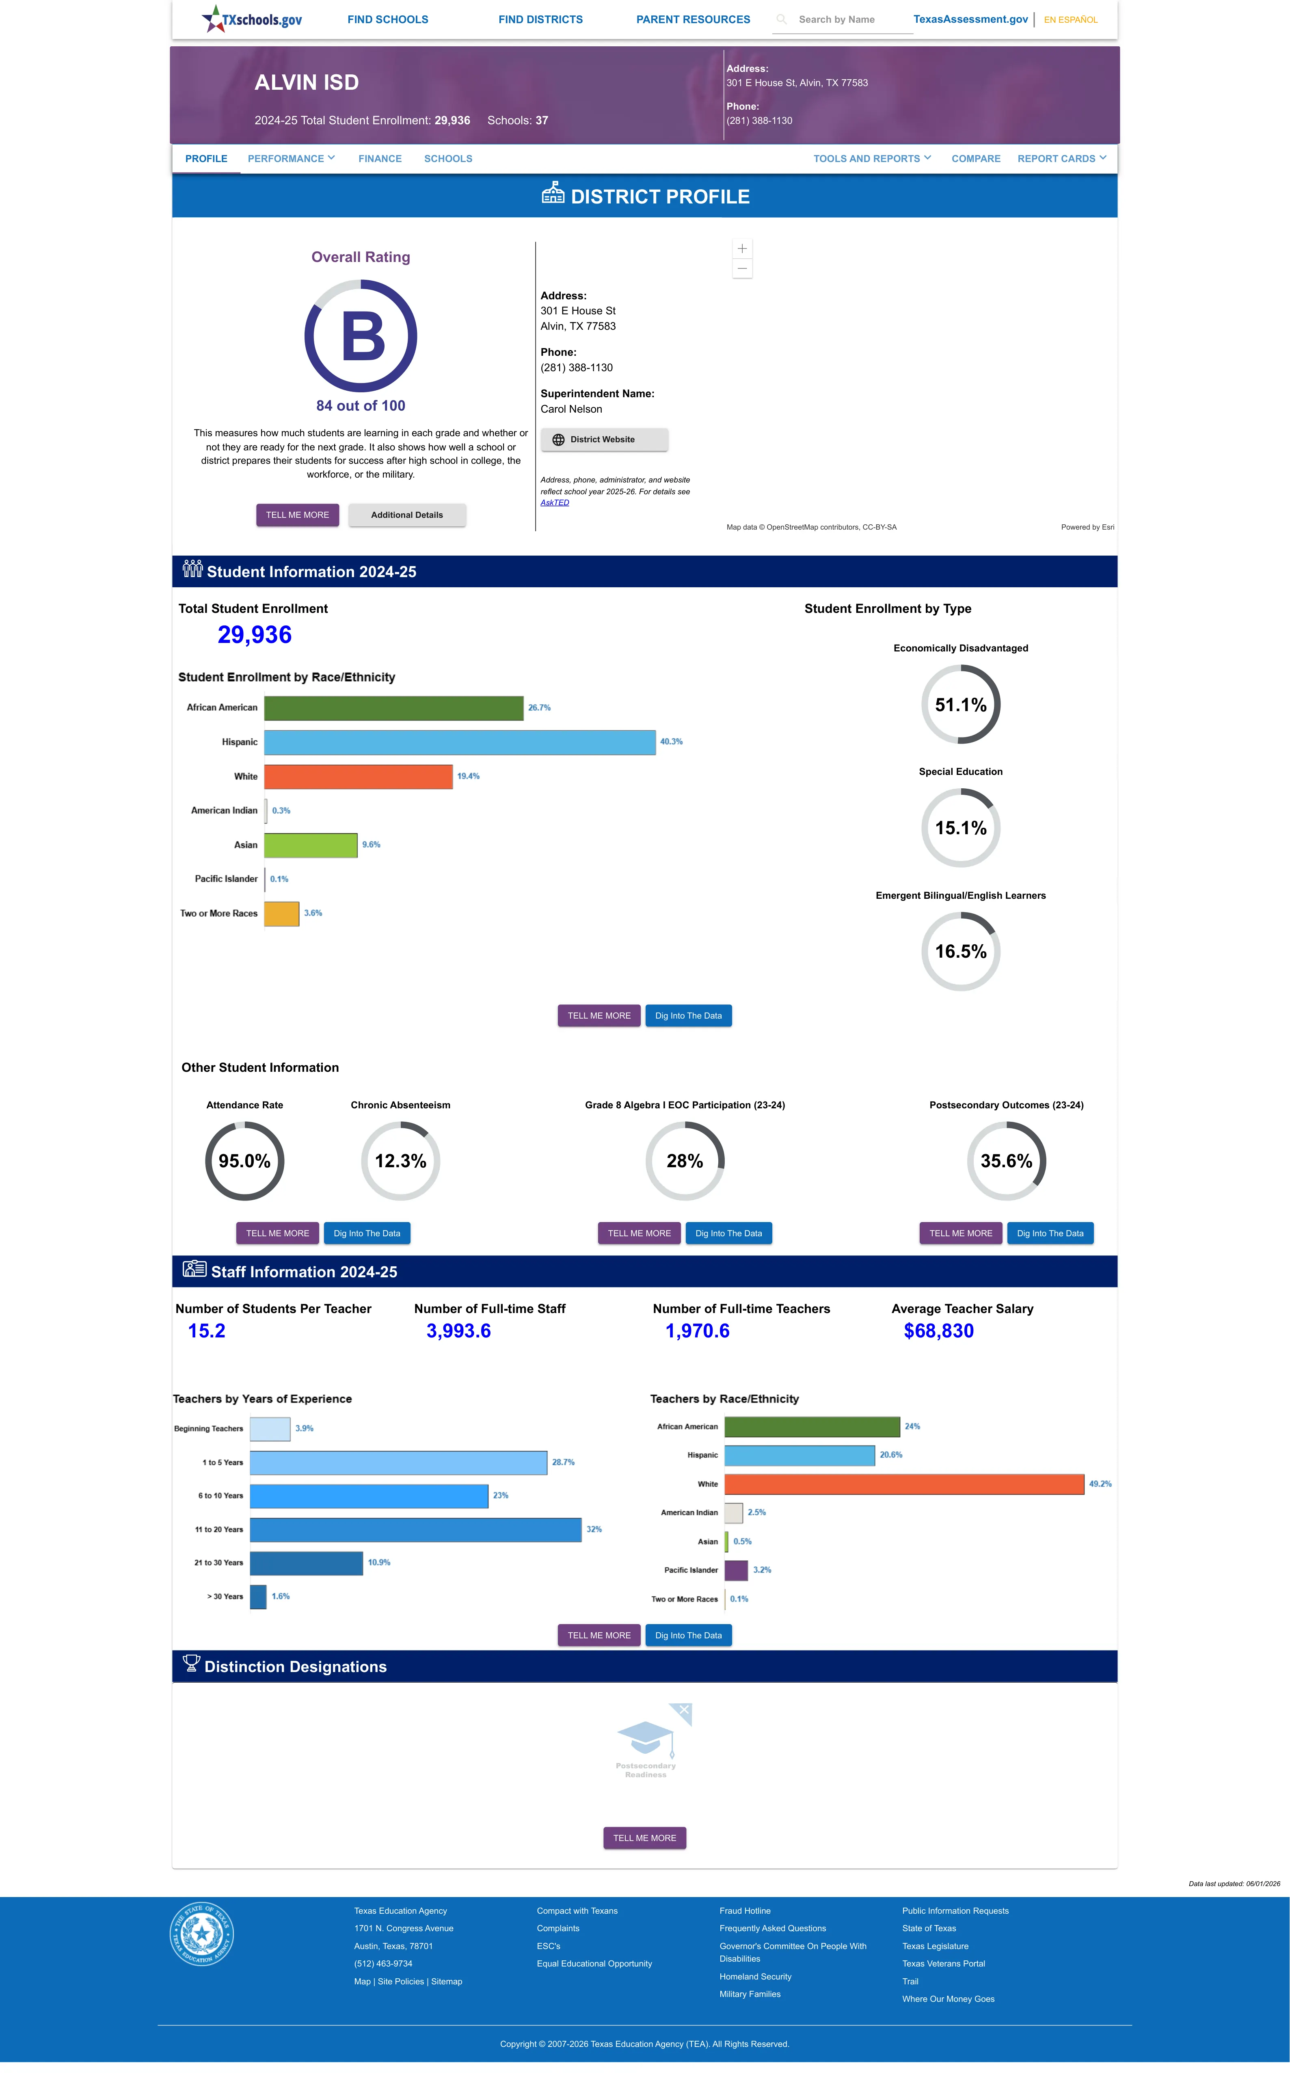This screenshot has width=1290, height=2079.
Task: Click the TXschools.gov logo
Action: coord(252,19)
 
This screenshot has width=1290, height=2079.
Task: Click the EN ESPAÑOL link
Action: coord(1071,19)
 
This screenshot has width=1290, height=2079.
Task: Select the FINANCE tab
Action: coord(380,159)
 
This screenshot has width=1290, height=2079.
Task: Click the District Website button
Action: coord(604,439)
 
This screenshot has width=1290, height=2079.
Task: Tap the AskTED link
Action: coord(555,502)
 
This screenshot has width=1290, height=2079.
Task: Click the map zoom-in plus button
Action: coord(742,248)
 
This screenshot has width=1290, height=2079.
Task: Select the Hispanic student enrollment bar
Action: coord(460,742)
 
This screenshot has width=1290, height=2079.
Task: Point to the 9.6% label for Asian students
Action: coord(371,845)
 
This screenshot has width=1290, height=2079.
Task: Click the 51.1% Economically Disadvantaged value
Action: coord(961,705)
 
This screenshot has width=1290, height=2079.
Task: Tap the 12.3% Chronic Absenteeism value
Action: coord(400,1161)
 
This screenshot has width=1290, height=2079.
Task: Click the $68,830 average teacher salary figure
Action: coord(938,1331)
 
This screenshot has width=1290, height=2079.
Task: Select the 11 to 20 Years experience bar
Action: coord(415,1530)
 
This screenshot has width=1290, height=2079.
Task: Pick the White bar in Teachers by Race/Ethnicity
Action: coord(904,1484)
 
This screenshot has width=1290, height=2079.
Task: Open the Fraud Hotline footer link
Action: coord(745,1911)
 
